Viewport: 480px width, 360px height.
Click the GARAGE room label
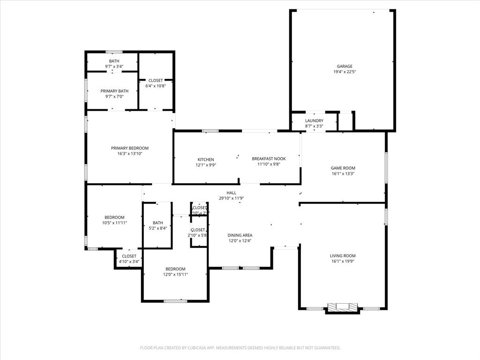pos(344,66)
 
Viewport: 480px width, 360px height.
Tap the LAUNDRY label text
pos(314,120)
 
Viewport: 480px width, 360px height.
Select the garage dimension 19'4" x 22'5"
pos(344,72)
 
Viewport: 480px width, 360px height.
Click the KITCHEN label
pos(205,159)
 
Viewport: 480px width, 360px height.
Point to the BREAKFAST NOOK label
pos(269,158)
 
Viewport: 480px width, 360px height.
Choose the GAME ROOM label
pos(343,168)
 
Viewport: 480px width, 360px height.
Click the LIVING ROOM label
pos(343,256)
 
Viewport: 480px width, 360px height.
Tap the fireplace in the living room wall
pos(342,307)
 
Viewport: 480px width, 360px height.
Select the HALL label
pos(231,193)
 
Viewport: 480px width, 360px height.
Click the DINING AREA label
pos(240,235)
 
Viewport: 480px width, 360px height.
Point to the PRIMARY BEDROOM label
pos(129,148)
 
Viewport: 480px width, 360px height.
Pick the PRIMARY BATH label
pos(114,91)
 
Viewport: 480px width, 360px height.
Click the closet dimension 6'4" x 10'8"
pos(156,86)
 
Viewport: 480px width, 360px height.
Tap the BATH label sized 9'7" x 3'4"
pos(114,61)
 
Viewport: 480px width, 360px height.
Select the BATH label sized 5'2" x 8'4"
pos(157,223)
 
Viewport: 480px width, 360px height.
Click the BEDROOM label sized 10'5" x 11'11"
pos(114,217)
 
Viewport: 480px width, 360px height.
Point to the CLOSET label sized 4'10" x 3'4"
pos(129,256)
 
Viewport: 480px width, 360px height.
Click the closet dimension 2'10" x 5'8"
pos(198,235)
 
